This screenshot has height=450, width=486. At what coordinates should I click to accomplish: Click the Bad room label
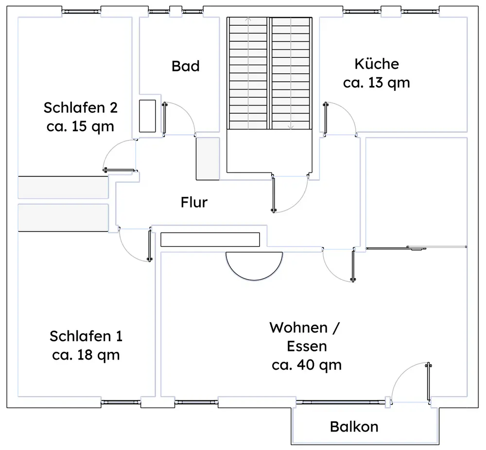(x=185, y=66)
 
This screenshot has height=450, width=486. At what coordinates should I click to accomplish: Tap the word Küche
(x=377, y=64)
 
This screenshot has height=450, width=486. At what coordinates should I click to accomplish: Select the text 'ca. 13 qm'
(x=376, y=83)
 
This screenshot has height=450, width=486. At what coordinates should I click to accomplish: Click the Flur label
(x=194, y=202)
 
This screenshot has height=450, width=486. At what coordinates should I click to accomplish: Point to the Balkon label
(x=354, y=427)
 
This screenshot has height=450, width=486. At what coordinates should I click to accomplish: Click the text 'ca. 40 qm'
(x=307, y=365)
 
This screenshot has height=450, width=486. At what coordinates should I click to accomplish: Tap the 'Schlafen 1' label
(x=86, y=336)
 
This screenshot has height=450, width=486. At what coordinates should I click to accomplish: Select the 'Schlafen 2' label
(x=80, y=107)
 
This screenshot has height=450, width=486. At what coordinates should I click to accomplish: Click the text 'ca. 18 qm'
(x=86, y=355)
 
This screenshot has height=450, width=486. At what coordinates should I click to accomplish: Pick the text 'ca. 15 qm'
(x=80, y=126)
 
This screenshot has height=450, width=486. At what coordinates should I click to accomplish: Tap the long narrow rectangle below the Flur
(x=210, y=240)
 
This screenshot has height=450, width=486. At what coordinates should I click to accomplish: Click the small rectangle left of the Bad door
(x=147, y=116)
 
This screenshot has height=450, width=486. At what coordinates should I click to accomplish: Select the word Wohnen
(x=298, y=328)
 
